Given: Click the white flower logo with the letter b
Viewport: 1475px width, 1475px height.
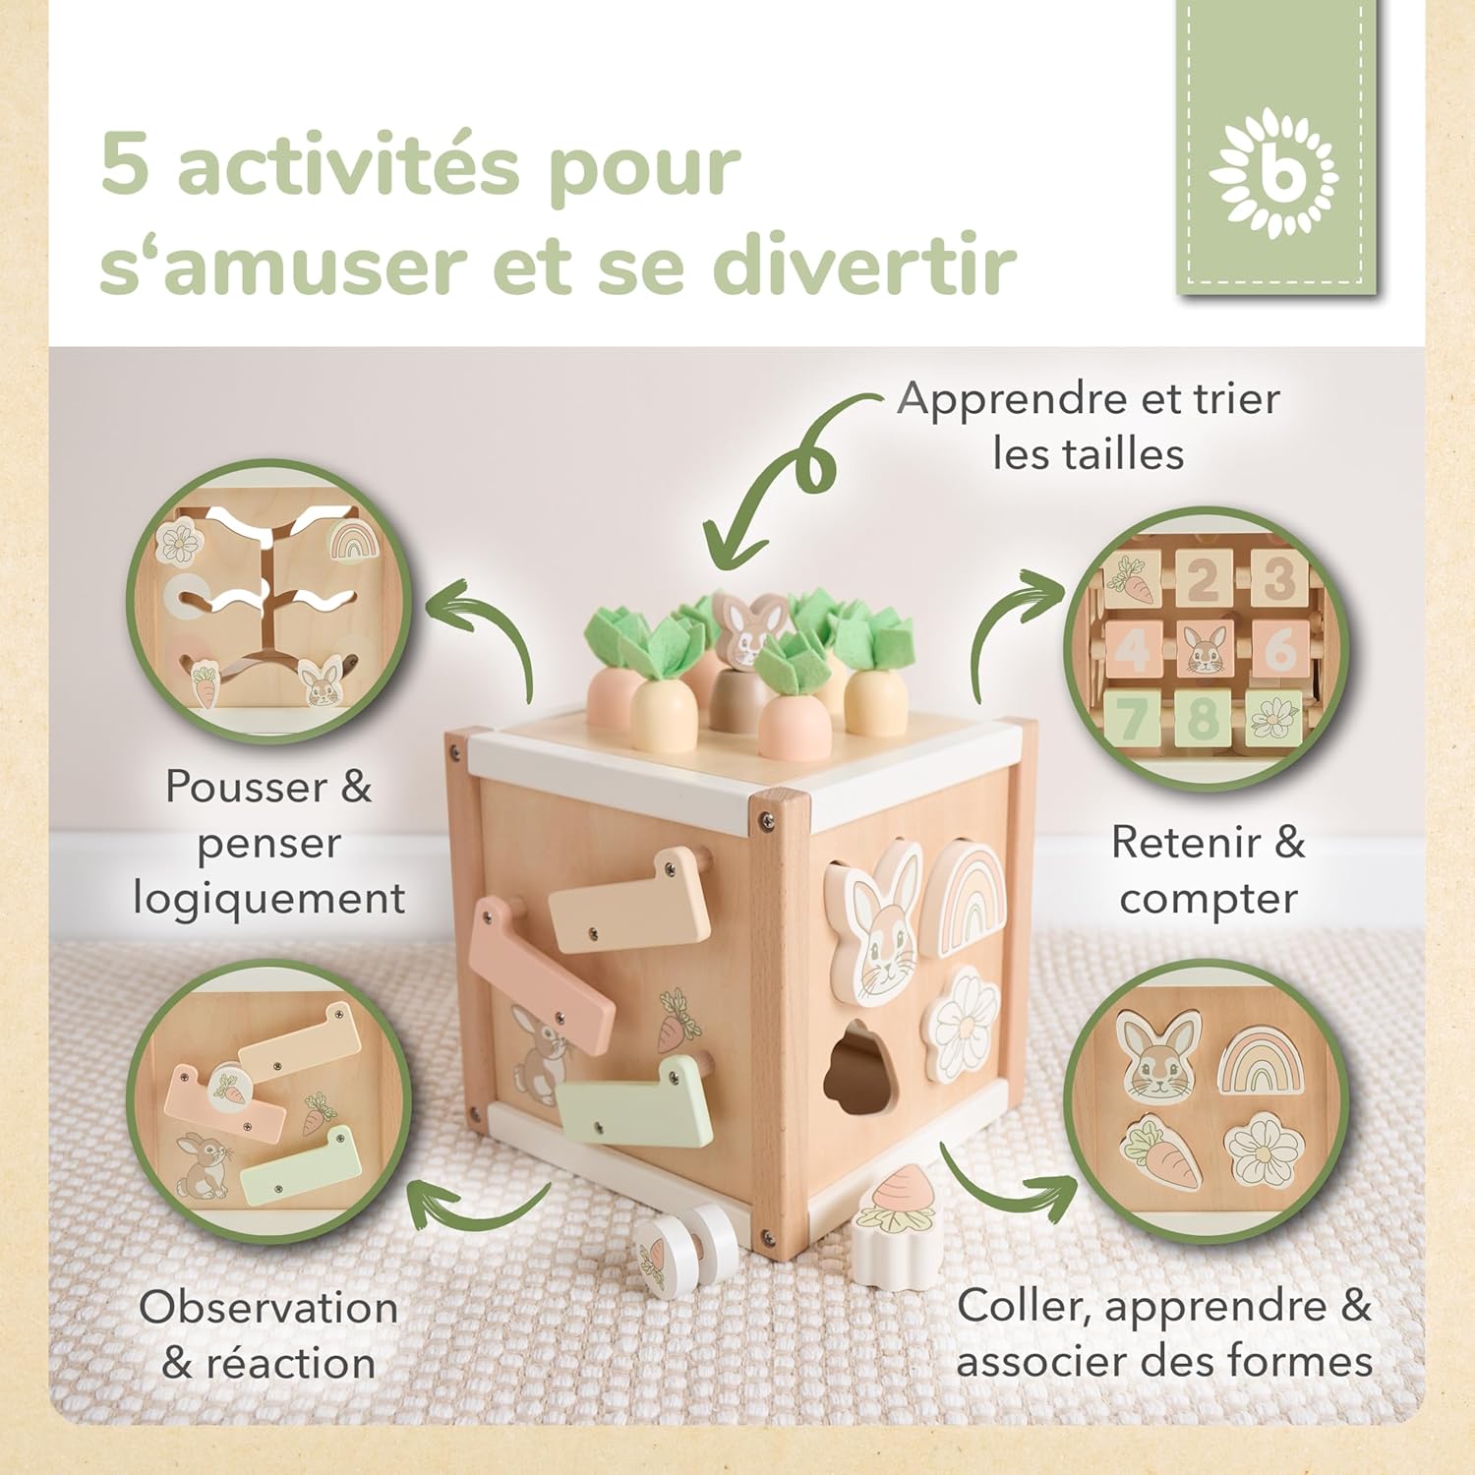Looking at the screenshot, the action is coord(1275,174).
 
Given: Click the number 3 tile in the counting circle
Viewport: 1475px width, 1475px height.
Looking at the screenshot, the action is coord(1277,578).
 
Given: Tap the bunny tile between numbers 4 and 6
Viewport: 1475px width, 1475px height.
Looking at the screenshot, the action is coord(1205,648).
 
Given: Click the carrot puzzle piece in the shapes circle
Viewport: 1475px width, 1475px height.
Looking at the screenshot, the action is coord(1161,1153).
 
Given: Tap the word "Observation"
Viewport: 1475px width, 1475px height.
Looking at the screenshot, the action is coord(268,1307).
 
